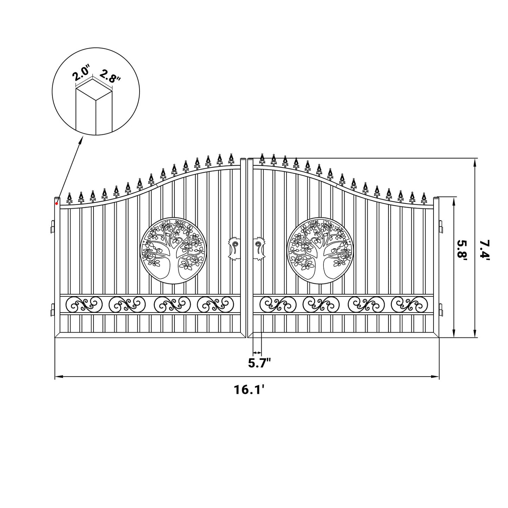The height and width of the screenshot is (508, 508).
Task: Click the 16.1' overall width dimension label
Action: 249,390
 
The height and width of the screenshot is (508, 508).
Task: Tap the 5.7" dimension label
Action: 259,362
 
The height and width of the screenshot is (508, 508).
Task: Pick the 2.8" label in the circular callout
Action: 110,76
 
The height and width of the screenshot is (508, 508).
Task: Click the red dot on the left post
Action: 57,204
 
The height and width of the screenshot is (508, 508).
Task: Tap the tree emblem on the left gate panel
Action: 172,251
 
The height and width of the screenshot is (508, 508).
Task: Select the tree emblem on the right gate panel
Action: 319,251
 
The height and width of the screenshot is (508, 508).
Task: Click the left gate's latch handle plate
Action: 233,248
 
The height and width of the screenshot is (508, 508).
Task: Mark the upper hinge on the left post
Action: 52,226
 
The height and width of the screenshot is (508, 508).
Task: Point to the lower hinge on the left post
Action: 52,309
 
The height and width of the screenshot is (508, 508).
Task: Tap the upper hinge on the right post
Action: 441,226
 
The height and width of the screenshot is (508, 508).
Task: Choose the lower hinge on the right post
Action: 441,309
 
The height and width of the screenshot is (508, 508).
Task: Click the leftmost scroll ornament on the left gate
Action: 86,304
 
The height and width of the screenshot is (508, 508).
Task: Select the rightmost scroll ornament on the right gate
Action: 409,304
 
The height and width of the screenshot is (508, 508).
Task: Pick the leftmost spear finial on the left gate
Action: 70,199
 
